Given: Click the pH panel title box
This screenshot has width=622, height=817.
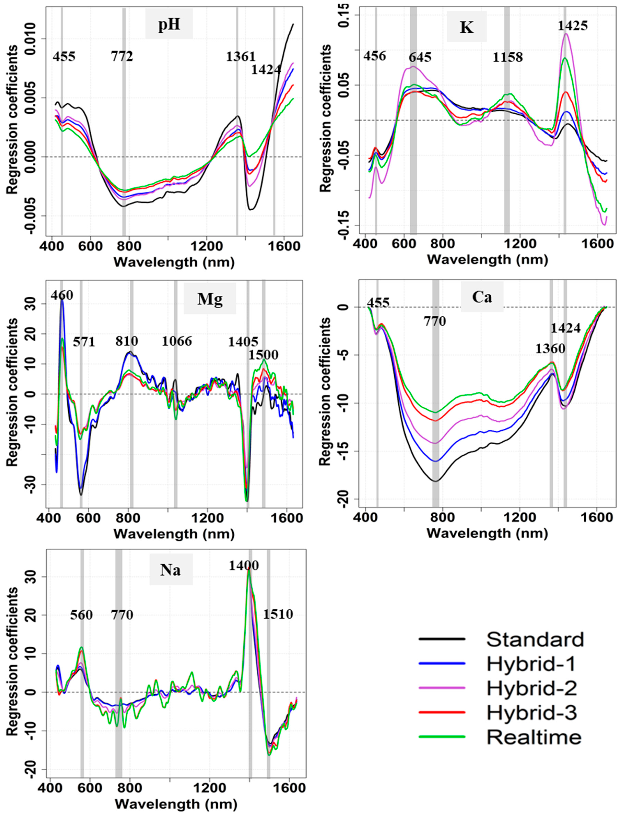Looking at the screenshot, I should coord(169,25).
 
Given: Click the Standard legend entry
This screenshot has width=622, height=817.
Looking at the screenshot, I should coord(535,639).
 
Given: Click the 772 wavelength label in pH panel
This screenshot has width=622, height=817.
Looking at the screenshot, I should coord(122,57).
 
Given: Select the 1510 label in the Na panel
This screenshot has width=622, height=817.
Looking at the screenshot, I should coord(278,615).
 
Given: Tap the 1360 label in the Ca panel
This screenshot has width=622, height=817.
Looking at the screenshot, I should coord(550,348).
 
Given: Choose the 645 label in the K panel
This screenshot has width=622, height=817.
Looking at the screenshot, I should coord(420,58).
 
